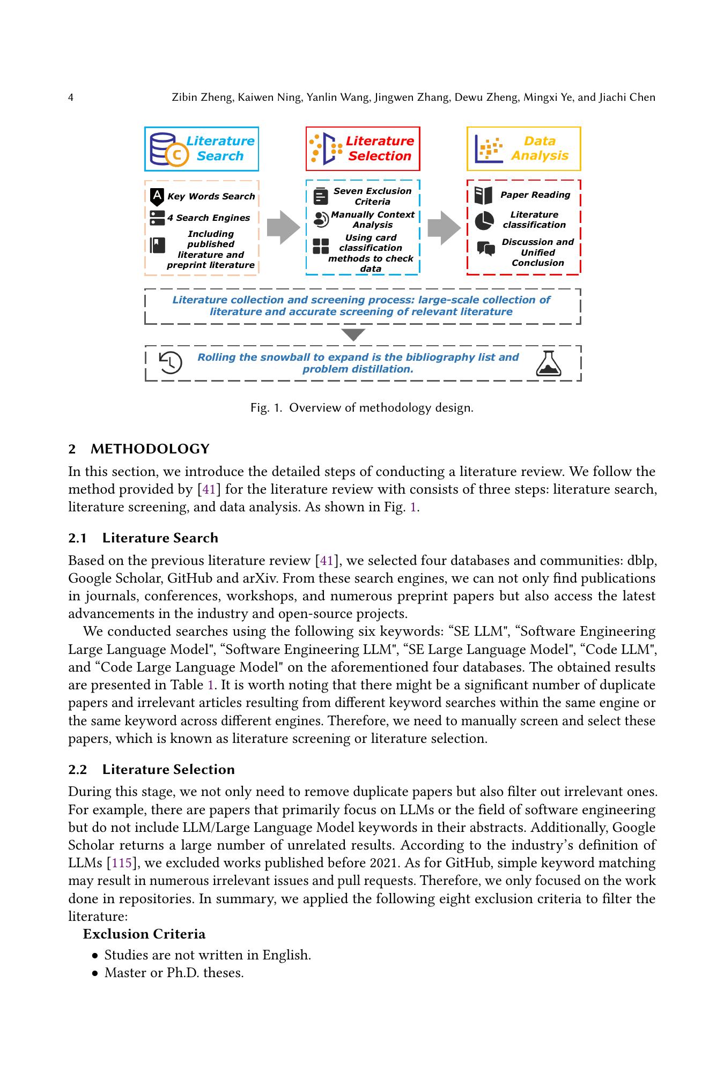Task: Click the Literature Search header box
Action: tap(202, 149)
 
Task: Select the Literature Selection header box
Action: tap(363, 149)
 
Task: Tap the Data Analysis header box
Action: tap(523, 149)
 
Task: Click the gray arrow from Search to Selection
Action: tap(283, 228)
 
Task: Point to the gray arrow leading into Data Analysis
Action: tap(444, 228)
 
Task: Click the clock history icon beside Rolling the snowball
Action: tap(171, 363)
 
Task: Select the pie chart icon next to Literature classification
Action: tap(484, 220)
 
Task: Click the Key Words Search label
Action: tap(211, 196)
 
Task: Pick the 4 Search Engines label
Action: tap(208, 218)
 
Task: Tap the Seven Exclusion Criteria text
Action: tap(372, 196)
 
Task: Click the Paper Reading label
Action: tap(535, 195)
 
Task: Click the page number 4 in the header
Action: tap(71, 98)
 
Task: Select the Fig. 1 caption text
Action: tap(362, 408)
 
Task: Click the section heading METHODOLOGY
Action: tap(150, 449)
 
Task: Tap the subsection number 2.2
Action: tap(77, 770)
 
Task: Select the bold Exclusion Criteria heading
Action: tap(144, 934)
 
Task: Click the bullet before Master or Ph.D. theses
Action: tap(95, 973)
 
